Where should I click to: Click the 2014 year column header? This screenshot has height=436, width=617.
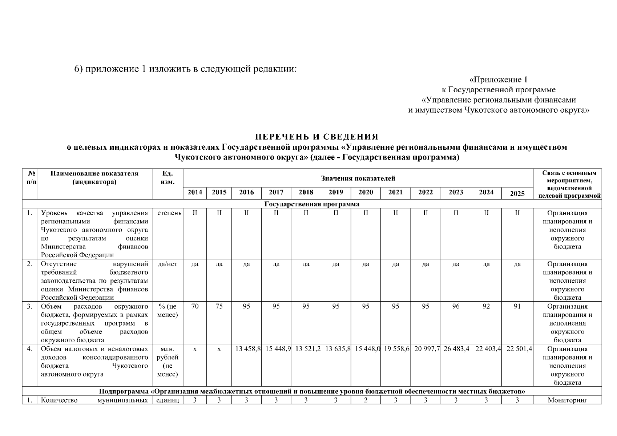[x=195, y=193]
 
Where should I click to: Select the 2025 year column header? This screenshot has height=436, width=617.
[x=517, y=194]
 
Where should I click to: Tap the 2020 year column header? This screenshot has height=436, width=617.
[x=366, y=193]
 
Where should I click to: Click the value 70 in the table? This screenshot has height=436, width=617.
[x=195, y=306]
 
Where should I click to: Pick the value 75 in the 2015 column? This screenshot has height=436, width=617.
[x=219, y=306]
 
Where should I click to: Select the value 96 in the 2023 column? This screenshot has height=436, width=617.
[x=456, y=306]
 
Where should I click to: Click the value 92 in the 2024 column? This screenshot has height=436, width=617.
[x=486, y=306]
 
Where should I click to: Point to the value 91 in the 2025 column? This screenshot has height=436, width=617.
[x=517, y=306]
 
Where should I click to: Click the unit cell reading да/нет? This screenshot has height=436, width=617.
[x=168, y=264]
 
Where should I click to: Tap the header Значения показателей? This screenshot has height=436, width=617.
[x=358, y=178]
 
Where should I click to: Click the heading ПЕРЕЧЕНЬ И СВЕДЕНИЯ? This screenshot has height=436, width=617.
[x=316, y=137]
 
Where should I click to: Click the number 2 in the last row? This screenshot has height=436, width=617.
[x=366, y=400]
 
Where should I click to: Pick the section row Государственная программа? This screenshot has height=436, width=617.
[x=312, y=204]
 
